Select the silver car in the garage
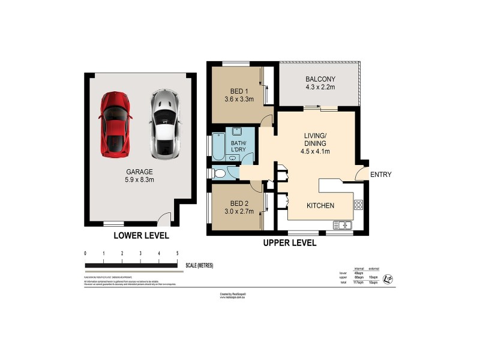pos(163,124)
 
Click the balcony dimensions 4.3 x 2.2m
pos(320,88)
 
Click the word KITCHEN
pos(320,206)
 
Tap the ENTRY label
pos(381,175)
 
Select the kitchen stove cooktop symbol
pos(359,204)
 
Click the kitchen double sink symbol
pos(343,226)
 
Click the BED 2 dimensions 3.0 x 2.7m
pos(236,211)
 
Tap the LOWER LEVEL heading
pos(141,236)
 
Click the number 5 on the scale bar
pos(177,254)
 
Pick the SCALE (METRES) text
pos(199,265)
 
